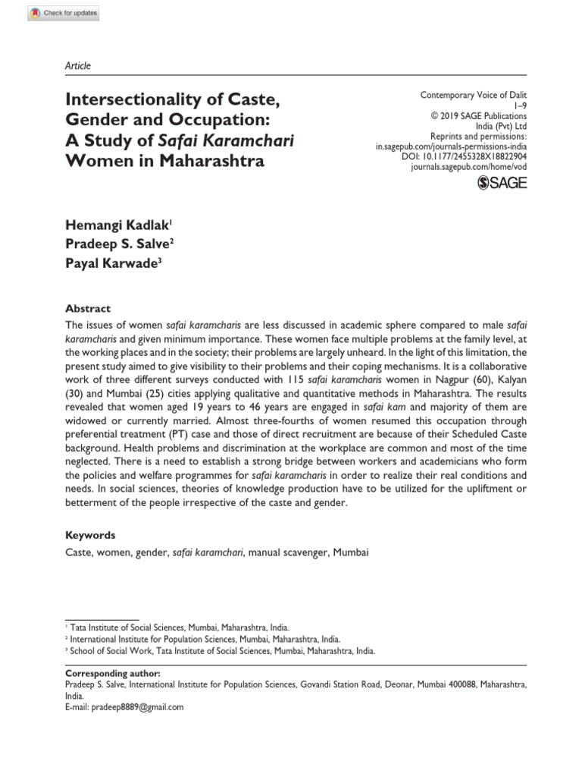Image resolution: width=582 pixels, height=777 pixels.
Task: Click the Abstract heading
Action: (x=88, y=309)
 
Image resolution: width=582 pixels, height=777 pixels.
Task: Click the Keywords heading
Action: (x=90, y=535)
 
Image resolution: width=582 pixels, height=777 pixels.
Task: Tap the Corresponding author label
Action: (x=114, y=673)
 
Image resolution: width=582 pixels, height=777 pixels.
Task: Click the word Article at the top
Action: (x=77, y=66)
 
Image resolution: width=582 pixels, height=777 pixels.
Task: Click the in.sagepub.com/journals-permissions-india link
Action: (x=451, y=144)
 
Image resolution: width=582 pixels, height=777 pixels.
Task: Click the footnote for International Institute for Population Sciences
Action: (x=205, y=640)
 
